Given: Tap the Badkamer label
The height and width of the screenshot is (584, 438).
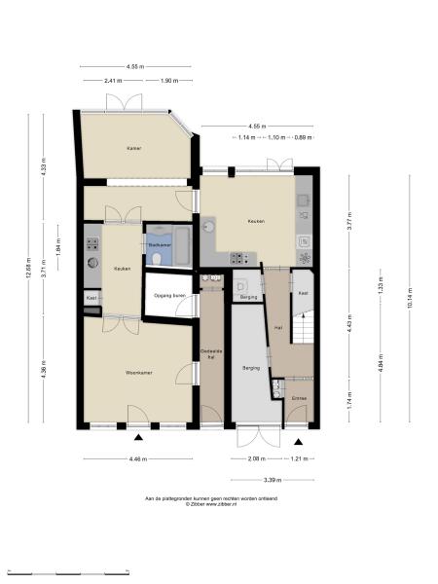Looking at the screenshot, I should pyautogui.click(x=160, y=245).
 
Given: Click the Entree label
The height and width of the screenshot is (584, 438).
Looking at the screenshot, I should pyautogui.click(x=299, y=398).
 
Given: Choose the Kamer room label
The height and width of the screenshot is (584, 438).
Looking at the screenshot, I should pyautogui.click(x=133, y=149).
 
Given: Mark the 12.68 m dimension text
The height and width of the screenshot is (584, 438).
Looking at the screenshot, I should pyautogui.click(x=29, y=269).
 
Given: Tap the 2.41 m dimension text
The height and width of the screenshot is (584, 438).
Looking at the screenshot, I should pyautogui.click(x=114, y=81).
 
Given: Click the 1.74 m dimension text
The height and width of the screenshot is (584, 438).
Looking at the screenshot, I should pyautogui.click(x=349, y=400).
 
